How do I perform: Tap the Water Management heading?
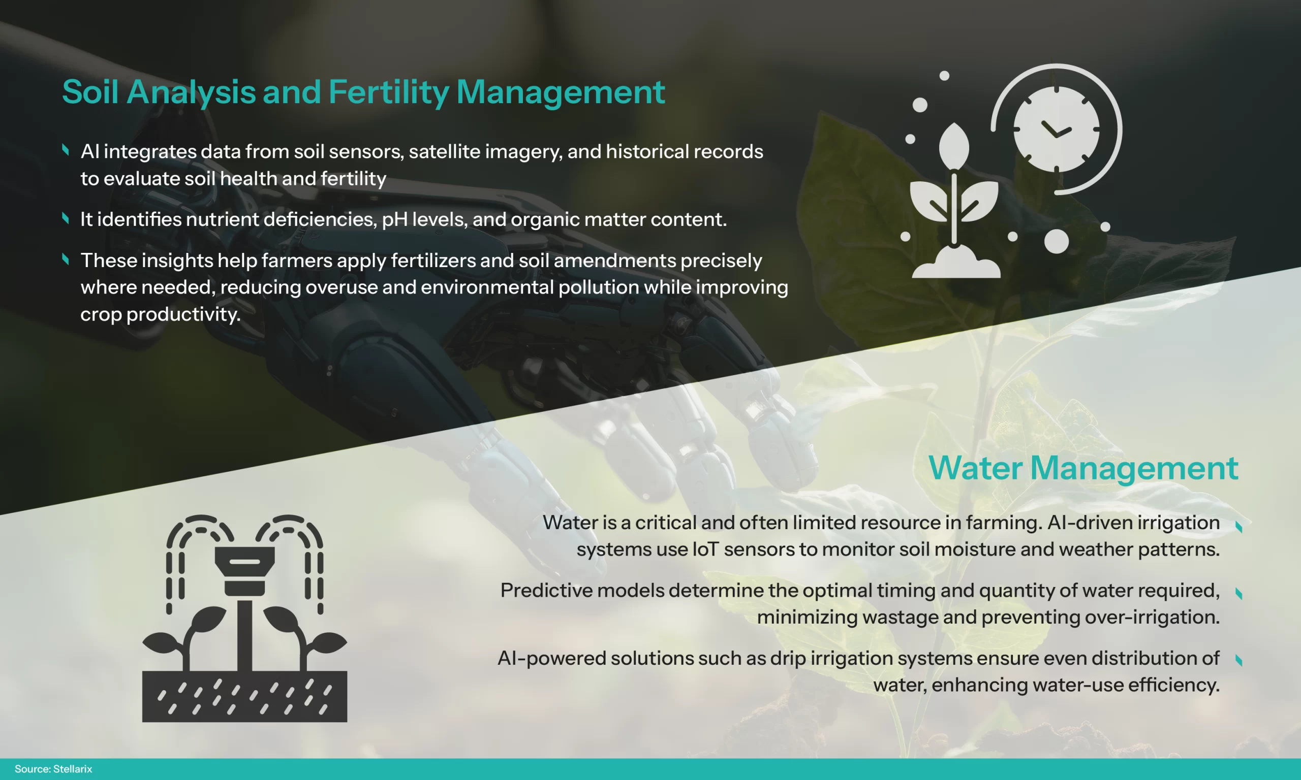(1083, 468)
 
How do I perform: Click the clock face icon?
(1057, 129)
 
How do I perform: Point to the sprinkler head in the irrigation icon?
(244, 571)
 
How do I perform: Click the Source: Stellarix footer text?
(53, 769)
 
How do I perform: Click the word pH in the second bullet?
(394, 220)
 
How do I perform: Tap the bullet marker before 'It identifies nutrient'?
(66, 218)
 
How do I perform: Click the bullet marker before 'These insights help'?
(66, 259)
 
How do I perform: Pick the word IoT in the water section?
(705, 549)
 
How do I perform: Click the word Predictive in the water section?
(546, 590)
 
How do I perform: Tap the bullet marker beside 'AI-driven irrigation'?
(1239, 527)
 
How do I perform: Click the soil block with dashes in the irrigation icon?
(244, 696)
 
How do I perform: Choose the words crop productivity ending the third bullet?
(161, 314)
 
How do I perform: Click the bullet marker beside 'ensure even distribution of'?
(1239, 660)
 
